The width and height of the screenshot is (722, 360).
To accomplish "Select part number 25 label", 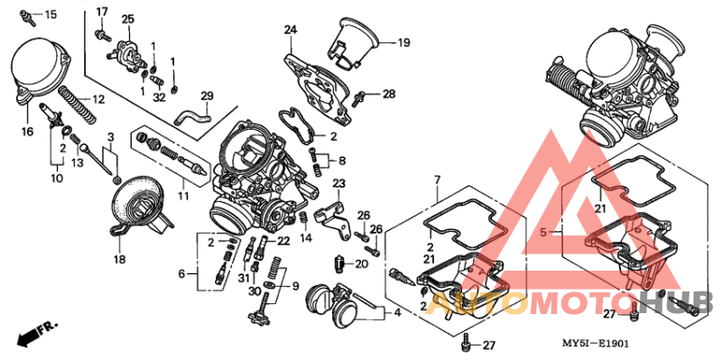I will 127,19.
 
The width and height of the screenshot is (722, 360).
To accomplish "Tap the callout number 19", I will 403,42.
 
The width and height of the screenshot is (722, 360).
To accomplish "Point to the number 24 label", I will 290,30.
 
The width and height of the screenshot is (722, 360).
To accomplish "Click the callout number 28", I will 389,94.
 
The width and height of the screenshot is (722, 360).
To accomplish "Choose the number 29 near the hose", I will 207,97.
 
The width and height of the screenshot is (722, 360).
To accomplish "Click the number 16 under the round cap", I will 27,132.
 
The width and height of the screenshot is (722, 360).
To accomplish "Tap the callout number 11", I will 183,195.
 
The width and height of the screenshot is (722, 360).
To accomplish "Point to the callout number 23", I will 339,184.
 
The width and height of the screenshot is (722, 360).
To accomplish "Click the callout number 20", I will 362,263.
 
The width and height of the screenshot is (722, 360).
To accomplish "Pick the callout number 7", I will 437,181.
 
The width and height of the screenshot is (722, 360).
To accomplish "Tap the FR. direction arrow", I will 35,332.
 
